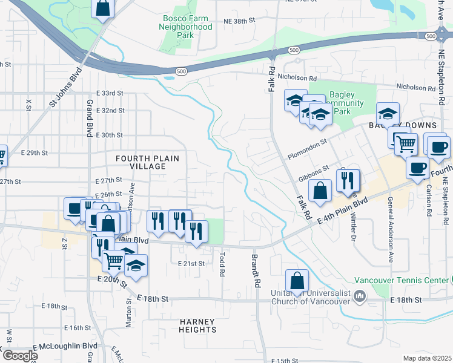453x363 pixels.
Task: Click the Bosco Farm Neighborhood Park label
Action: [187, 27]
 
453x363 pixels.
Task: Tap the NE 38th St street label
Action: [236, 21]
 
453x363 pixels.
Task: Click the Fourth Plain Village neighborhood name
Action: [148, 163]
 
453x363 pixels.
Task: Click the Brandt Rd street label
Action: [257, 270]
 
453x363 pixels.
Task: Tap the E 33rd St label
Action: [110, 94]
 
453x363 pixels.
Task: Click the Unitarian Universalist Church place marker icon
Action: [360, 296]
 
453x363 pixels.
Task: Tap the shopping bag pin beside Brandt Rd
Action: [297, 281]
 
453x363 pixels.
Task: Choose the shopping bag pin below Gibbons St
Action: [320, 191]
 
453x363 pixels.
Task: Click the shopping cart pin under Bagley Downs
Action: [406, 143]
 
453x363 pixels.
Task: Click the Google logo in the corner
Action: [19, 356]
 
